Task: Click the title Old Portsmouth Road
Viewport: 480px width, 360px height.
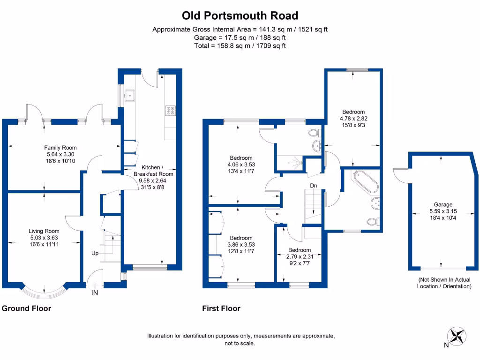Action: (240, 15)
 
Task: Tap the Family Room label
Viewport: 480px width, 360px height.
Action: (60, 148)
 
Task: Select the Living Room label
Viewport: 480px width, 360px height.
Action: (44, 231)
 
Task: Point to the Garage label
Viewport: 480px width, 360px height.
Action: (442, 204)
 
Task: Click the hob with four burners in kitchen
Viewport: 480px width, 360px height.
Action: (170, 111)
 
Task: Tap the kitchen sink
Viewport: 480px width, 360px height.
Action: (130, 96)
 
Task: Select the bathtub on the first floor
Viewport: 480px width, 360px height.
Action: (365, 182)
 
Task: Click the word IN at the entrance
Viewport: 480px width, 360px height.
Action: (95, 293)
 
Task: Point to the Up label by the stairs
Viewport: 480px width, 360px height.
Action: (95, 253)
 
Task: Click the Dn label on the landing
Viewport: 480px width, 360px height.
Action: (314, 186)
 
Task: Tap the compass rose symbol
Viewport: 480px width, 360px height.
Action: (457, 336)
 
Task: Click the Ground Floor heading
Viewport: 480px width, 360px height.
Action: (27, 308)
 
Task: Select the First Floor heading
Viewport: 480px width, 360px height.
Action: (221, 308)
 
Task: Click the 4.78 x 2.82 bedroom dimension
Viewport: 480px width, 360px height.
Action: (353, 119)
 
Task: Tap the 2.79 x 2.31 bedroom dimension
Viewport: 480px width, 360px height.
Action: (299, 256)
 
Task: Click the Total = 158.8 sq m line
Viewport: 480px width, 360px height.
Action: (240, 46)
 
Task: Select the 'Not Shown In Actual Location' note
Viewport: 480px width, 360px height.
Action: (444, 283)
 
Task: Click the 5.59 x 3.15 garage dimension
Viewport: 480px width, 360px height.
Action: (442, 211)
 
